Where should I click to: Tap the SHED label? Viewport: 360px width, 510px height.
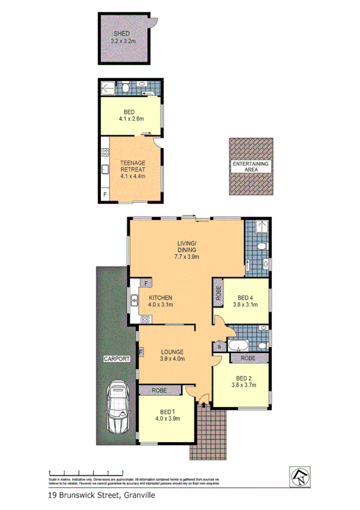pos(124,34)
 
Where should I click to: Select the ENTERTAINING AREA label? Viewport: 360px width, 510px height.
pos(251,167)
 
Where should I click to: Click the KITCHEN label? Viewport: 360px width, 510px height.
pos(160,298)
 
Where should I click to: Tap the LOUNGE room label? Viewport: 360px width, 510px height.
pos(171,351)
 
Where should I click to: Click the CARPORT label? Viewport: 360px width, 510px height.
pos(117,359)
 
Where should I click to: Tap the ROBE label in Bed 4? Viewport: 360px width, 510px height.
pos(218,293)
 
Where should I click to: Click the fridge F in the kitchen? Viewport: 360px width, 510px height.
pos(145,283)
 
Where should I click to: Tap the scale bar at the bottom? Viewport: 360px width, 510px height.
pos(78,472)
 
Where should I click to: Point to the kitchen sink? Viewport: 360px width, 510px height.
pos(133,298)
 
